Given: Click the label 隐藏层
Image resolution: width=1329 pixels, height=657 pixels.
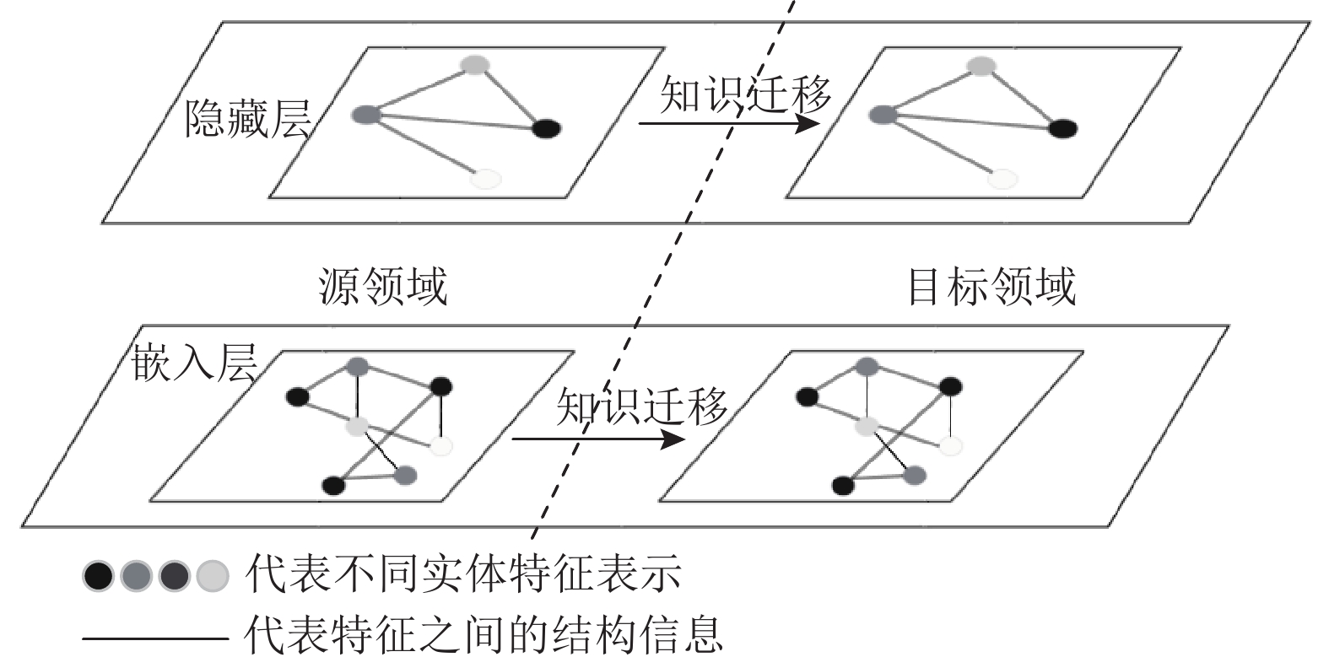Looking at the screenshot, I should [247, 118].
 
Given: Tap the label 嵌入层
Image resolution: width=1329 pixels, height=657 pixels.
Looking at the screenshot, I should [194, 362].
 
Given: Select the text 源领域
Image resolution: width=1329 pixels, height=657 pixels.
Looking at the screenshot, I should [382, 286].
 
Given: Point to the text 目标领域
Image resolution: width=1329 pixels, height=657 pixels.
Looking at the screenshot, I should [991, 286].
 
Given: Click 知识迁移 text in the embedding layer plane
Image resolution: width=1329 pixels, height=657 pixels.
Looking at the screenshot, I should [641, 406].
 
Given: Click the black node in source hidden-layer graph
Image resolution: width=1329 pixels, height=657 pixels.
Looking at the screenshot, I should [546, 129].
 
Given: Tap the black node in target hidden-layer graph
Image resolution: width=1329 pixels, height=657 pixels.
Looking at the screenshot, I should [1062, 129].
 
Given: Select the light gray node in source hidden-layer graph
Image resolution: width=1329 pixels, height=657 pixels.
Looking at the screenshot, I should [476, 65].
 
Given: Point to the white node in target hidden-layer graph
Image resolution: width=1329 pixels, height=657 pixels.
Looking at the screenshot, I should [1002, 178].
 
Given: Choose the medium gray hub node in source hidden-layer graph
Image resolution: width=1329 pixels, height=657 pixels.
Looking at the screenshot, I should [366, 115].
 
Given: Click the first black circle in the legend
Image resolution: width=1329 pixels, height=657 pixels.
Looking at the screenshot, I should [98, 576].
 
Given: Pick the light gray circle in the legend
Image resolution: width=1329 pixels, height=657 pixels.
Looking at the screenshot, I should [213, 576].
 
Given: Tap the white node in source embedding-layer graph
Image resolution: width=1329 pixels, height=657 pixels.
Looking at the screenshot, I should [440, 446].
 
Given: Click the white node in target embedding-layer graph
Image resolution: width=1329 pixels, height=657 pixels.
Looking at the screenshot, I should [951, 445].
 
